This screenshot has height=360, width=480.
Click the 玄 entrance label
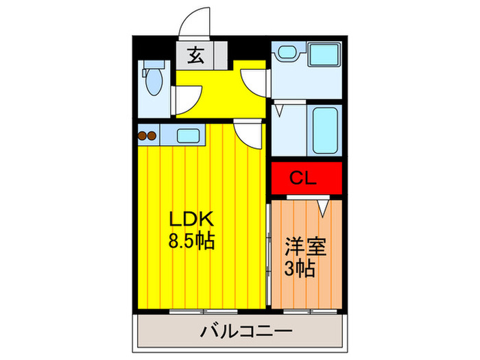pyautogui.click(x=196, y=56)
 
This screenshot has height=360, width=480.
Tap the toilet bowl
pyautogui.click(x=154, y=82)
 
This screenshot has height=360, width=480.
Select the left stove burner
pyautogui.click(x=143, y=136)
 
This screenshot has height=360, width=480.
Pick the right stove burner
pyautogui.click(x=152, y=136)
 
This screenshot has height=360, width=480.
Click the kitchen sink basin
pyautogui.click(x=189, y=136)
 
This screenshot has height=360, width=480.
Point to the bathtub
pyautogui.click(x=326, y=130)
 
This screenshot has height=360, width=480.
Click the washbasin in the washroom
pyautogui.click(x=287, y=51)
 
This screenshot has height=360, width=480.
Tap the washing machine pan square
pyautogui.click(x=324, y=54)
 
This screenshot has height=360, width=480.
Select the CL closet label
pyautogui.click(x=303, y=178)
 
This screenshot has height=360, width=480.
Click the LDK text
pyautogui.click(x=191, y=219)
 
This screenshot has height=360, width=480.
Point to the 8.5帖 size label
pyautogui.click(x=191, y=241)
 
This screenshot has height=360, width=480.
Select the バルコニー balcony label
pyautogui.click(x=246, y=331)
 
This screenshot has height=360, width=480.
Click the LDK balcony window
pyautogui.click(x=203, y=312)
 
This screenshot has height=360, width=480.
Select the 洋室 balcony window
pyautogui.click(x=310, y=312)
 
